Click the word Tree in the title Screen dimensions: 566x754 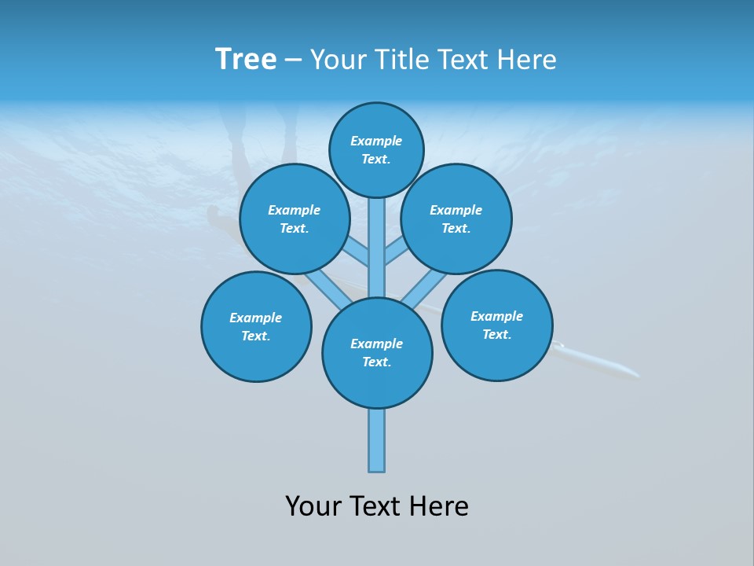[x=246, y=60]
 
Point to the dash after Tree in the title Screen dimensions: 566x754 [x=293, y=61]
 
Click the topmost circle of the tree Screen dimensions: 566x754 [x=376, y=149]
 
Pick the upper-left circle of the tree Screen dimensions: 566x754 [x=295, y=219]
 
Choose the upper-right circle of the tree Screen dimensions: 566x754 [x=456, y=219]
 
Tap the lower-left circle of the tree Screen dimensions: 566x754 [x=256, y=326]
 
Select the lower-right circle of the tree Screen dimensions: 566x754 [x=497, y=325]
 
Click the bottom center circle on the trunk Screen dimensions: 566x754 [x=377, y=353]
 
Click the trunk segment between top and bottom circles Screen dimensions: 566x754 [x=377, y=248]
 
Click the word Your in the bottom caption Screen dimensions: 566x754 [x=313, y=506]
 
